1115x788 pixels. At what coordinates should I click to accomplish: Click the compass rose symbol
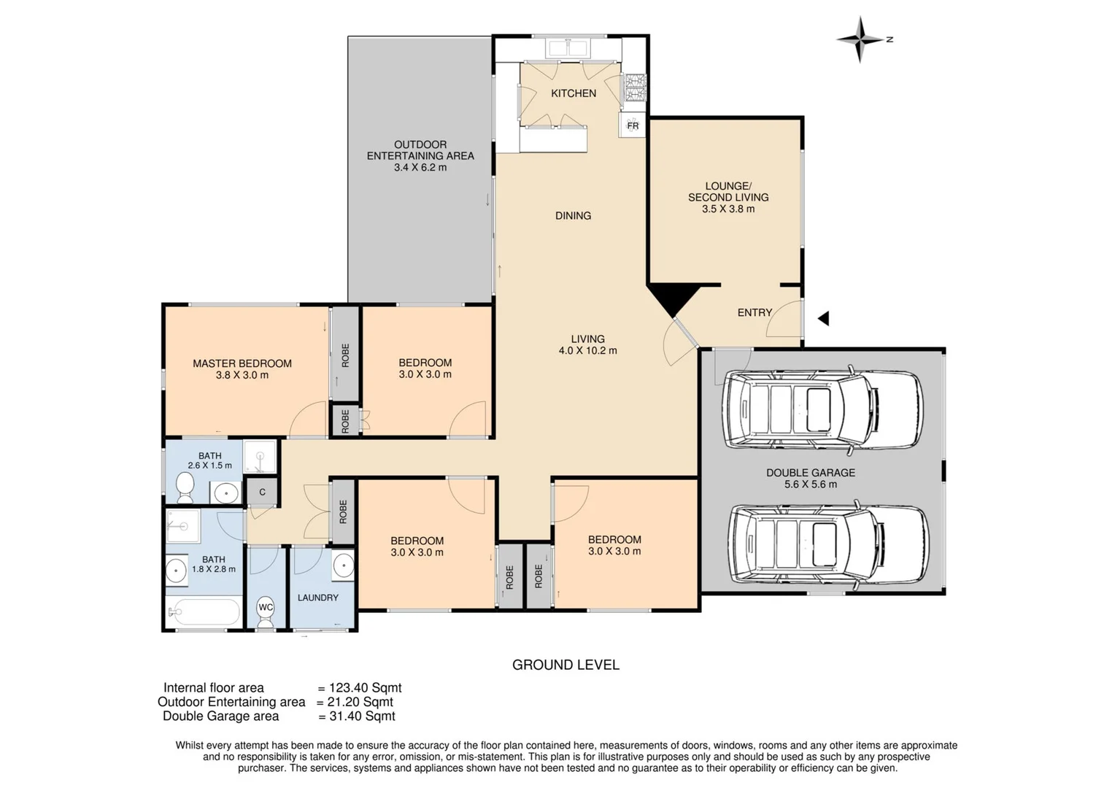860,39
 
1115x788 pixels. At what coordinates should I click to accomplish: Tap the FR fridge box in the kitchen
632,125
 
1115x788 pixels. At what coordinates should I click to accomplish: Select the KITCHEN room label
573,93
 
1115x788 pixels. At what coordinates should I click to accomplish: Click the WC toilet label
266,607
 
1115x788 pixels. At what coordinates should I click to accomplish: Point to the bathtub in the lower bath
204,612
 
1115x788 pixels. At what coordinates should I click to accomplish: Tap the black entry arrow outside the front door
823,318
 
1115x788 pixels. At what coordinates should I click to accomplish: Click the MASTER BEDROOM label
242,363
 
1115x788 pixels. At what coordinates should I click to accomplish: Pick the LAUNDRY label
317,598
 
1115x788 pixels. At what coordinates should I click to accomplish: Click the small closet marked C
262,492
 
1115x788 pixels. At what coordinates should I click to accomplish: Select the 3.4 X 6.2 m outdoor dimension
420,167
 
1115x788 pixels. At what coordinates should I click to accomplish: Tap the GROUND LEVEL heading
566,665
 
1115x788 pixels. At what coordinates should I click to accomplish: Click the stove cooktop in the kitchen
634,88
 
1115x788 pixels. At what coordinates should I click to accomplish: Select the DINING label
573,215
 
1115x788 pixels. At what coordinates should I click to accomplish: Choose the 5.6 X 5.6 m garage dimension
810,484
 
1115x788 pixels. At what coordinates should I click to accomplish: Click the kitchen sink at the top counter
568,48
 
